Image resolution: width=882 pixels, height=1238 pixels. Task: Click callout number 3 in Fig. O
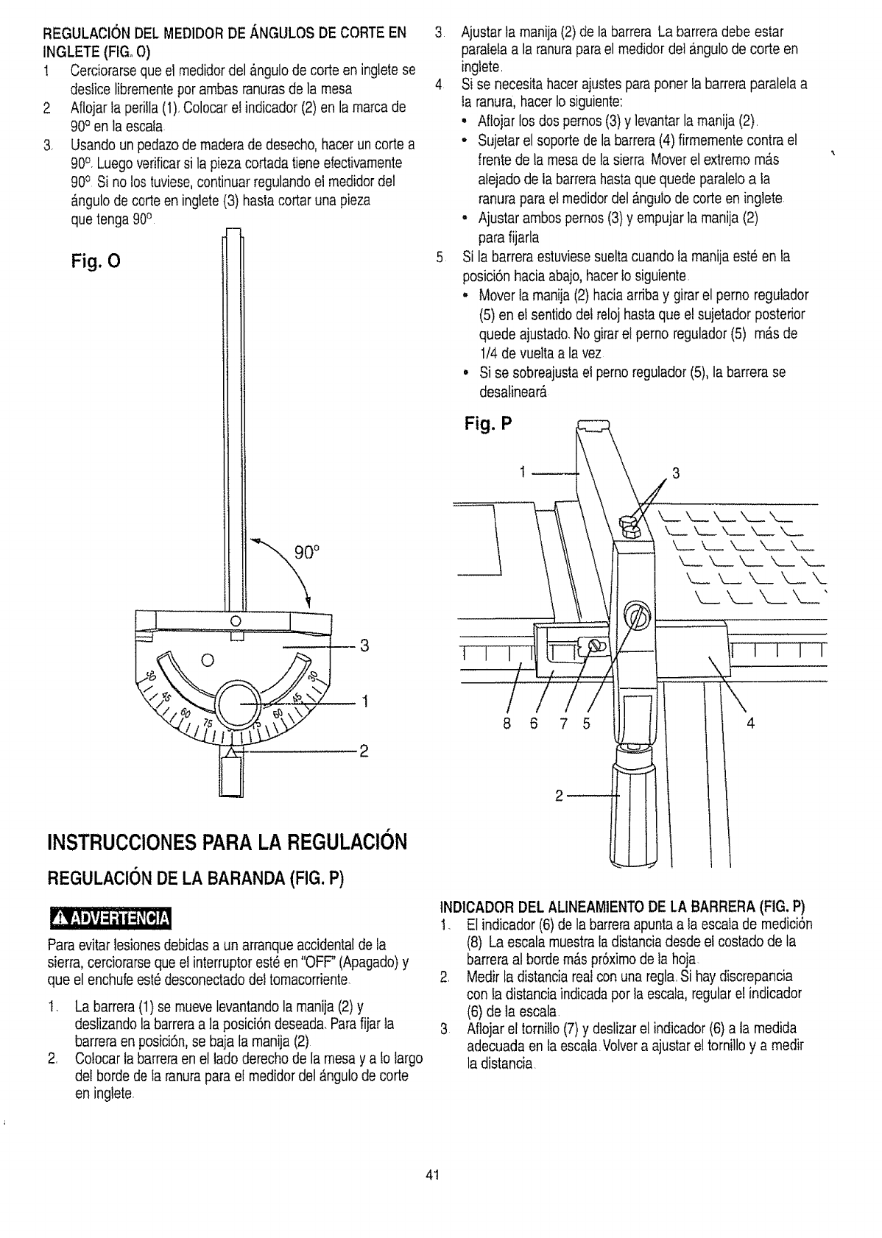(x=362, y=647)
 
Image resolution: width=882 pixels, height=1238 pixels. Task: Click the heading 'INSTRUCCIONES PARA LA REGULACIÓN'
(x=226, y=841)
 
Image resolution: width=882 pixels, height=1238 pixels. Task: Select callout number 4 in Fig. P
(x=751, y=723)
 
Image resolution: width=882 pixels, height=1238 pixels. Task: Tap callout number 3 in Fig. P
(x=677, y=473)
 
